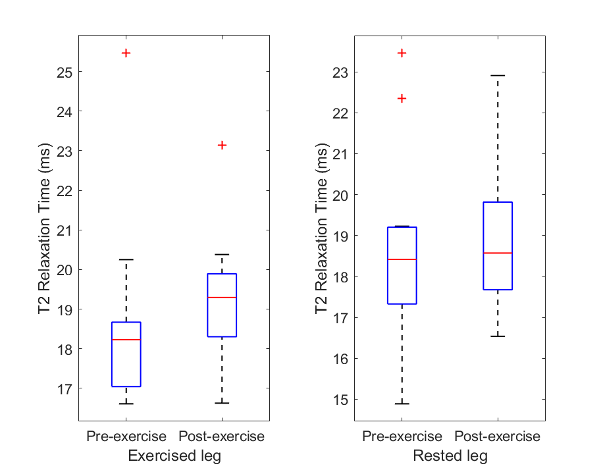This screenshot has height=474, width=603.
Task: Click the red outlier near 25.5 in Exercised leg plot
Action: point(126,53)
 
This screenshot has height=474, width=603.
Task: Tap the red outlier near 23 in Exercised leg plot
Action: point(222,145)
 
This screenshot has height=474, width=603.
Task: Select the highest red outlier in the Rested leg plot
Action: point(402,53)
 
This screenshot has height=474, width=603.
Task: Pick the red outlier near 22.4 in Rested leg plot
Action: point(402,98)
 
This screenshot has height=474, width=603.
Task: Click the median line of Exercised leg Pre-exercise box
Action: point(126,340)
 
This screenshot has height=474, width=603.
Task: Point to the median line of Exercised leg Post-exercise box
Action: point(222,298)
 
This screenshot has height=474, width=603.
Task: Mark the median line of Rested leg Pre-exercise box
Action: point(402,259)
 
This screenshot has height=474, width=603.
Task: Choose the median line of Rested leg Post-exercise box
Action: point(498,253)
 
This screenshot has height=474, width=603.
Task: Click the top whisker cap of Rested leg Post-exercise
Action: point(498,76)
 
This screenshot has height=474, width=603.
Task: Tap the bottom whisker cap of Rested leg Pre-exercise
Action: point(402,404)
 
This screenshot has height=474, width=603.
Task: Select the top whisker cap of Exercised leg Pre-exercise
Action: point(126,260)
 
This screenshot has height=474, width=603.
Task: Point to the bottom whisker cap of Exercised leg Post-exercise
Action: point(222,403)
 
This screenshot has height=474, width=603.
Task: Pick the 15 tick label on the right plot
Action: point(340,400)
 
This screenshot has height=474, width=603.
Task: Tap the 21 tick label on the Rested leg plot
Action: point(340,154)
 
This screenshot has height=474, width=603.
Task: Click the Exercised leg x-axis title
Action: point(174,456)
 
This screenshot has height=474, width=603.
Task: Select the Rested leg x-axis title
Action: point(450,456)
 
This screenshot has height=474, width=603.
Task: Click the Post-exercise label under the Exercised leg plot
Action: point(222,436)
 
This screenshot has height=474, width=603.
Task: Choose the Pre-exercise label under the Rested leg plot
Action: point(402,436)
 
